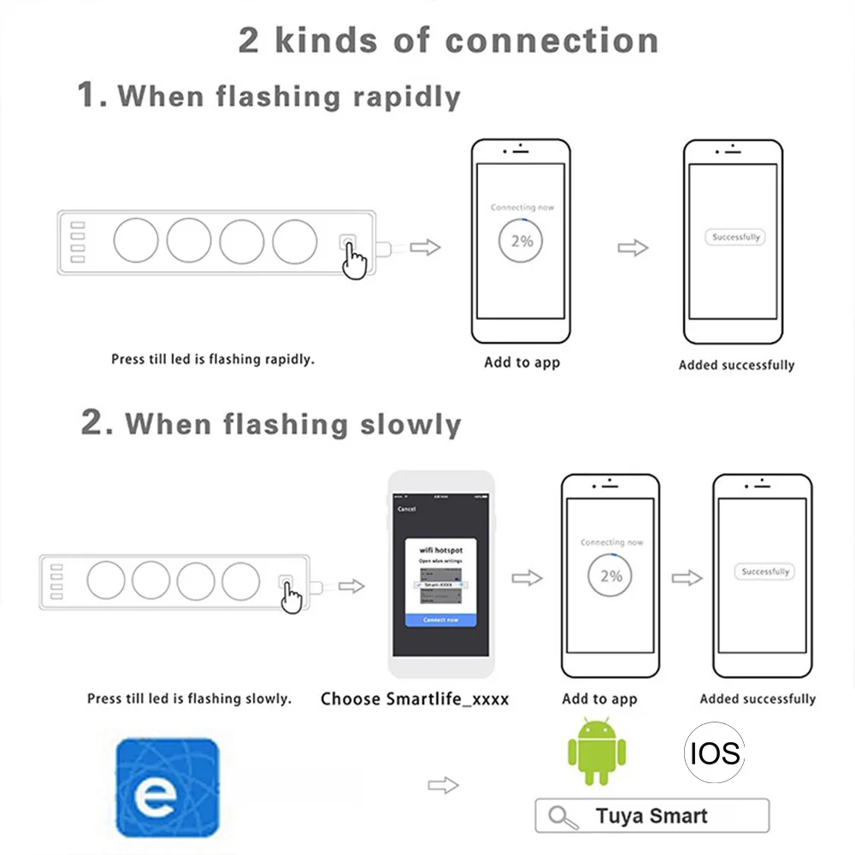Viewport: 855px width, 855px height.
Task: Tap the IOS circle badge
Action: (714, 752)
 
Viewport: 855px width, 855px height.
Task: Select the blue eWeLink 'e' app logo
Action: (167, 787)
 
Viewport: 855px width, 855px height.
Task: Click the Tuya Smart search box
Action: (652, 816)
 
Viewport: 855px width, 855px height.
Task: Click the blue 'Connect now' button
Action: (440, 619)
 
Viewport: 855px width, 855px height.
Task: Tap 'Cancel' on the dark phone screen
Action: (407, 509)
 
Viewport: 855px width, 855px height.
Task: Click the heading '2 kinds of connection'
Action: (449, 41)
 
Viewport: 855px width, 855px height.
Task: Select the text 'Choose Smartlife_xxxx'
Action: (415, 699)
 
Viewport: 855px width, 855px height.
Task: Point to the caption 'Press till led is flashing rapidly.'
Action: (213, 359)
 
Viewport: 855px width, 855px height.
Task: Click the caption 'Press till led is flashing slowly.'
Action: (189, 699)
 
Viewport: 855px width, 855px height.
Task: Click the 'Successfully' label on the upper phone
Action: (734, 238)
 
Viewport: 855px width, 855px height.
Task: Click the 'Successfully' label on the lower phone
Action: (765, 571)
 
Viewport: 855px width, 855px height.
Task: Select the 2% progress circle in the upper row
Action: (522, 240)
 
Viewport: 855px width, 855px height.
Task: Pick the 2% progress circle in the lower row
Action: (610, 575)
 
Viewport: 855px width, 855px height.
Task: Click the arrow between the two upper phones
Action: (633, 248)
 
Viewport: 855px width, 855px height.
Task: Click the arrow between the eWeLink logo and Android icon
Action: (443, 785)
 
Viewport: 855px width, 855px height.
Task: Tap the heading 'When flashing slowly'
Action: (292, 424)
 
